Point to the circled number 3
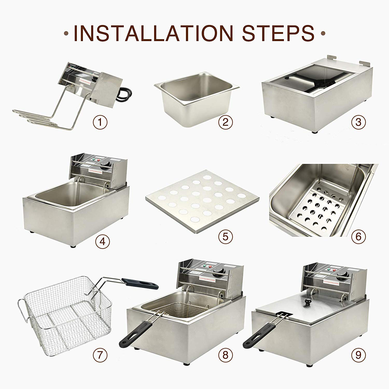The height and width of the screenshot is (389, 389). click(x=358, y=122)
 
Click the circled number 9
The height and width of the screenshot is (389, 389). click(x=358, y=355)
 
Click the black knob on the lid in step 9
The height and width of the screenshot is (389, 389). click(x=308, y=301)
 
